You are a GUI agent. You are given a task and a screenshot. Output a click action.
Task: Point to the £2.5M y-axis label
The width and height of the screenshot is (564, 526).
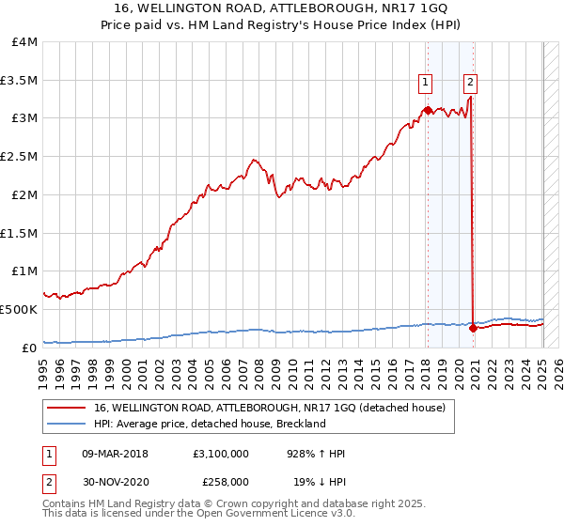(19, 156)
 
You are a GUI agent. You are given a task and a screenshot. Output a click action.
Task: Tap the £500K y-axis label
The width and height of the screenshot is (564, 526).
(19, 309)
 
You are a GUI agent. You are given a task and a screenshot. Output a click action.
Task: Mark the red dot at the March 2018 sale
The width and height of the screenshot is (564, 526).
(427, 110)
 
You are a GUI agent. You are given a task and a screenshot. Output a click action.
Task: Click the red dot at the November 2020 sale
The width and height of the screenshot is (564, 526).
(472, 328)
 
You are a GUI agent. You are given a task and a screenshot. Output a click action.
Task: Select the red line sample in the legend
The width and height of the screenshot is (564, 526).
(67, 407)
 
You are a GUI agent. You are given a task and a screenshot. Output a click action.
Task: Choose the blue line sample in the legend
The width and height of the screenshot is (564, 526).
(67, 424)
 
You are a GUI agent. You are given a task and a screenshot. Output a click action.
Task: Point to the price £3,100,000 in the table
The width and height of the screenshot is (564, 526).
(220, 454)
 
